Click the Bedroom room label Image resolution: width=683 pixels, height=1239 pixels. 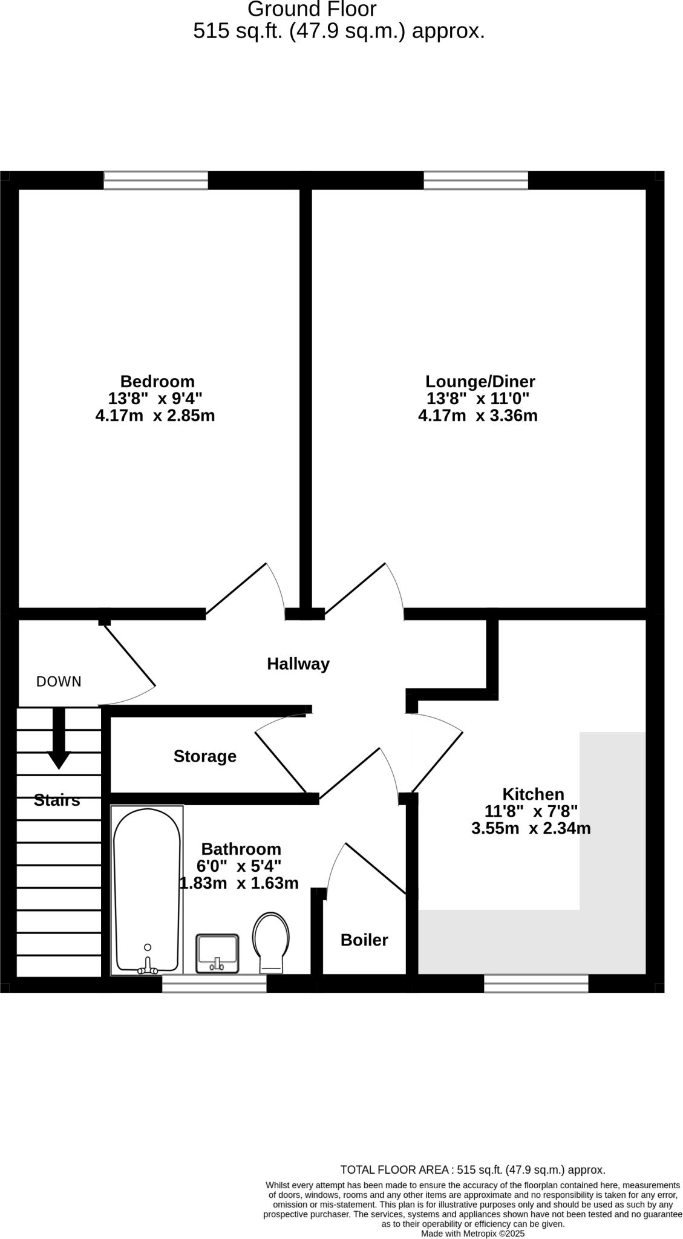157,382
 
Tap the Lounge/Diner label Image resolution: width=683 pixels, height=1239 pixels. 480,382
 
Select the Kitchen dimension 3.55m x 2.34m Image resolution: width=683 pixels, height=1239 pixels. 531,829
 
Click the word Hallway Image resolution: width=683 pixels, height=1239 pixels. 298,664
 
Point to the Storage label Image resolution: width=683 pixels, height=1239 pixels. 204,756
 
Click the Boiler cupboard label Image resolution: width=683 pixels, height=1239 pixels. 364,940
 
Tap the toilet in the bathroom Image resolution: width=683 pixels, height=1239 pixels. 271,942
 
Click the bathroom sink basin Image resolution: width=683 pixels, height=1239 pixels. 217,953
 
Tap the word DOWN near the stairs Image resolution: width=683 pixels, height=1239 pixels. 59,682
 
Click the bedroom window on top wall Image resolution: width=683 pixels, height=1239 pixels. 155,180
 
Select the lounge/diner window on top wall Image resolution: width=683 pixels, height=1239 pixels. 475,180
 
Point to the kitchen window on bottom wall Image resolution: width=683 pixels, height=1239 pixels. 536,983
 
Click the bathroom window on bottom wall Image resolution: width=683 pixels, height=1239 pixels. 214,983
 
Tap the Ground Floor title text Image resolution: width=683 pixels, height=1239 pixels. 312,10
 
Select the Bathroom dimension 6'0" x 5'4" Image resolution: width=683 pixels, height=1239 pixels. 238,866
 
